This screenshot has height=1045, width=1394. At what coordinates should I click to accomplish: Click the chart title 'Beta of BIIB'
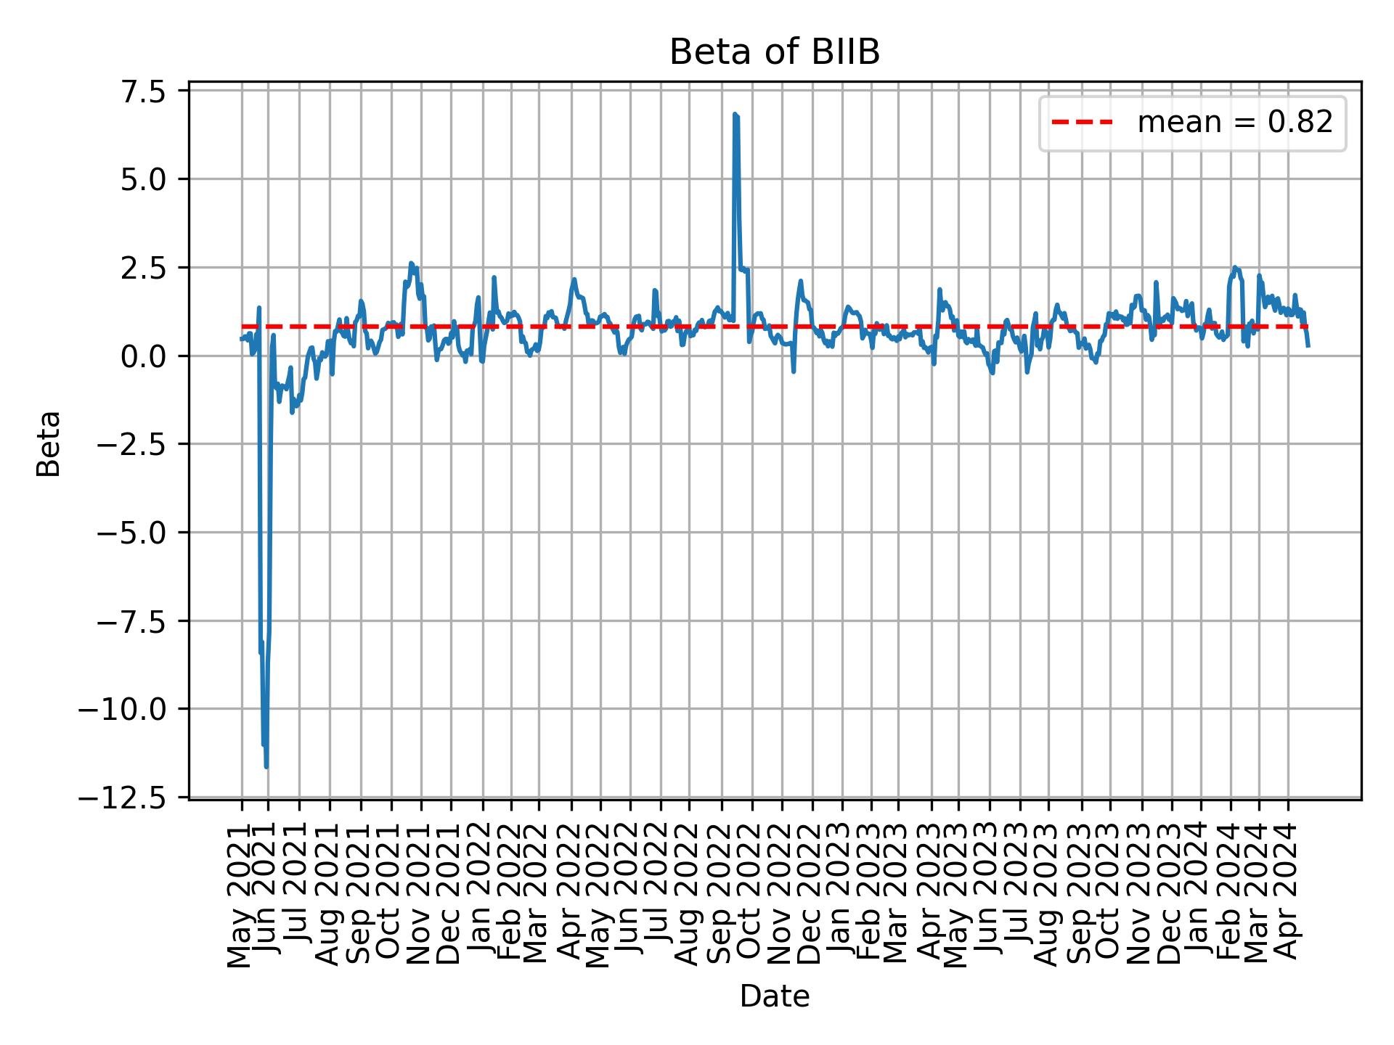pyautogui.click(x=774, y=53)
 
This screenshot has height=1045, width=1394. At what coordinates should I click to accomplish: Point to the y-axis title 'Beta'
pyautogui.click(x=49, y=443)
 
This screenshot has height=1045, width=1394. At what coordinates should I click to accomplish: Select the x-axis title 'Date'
pyautogui.click(x=774, y=997)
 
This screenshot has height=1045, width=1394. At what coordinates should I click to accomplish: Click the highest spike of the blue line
pyautogui.click(x=735, y=115)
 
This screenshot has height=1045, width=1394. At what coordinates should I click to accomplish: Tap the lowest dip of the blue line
pyautogui.click(x=266, y=766)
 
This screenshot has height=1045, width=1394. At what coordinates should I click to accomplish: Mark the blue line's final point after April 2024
pyautogui.click(x=1308, y=346)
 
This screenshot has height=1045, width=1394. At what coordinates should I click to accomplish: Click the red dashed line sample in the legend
pyautogui.click(x=1082, y=123)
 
